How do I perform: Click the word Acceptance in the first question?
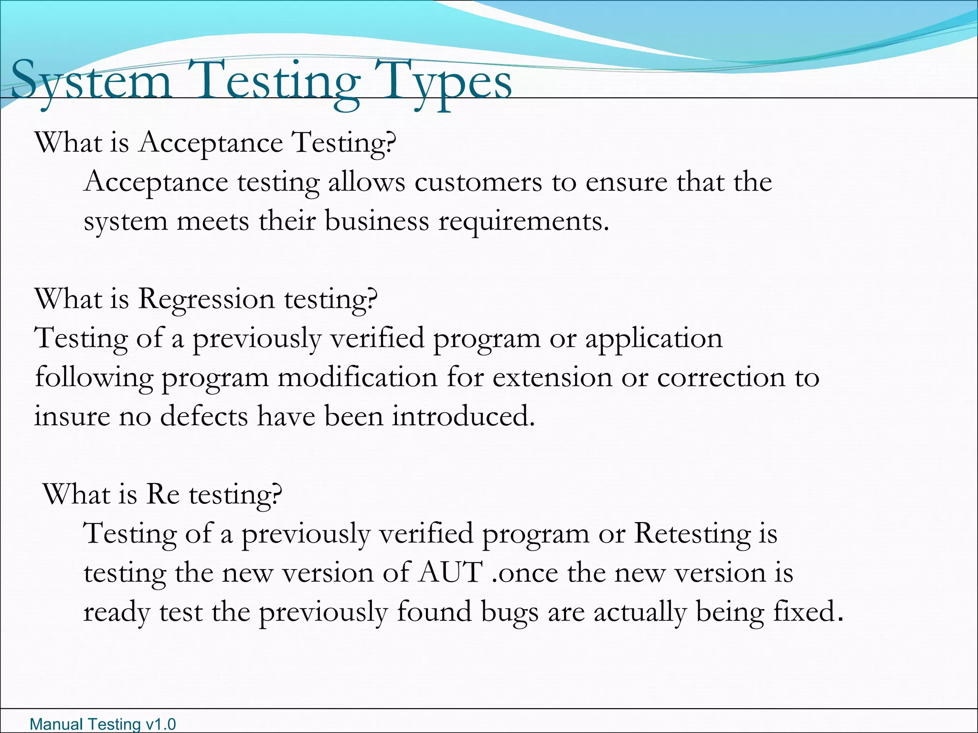pyautogui.click(x=211, y=143)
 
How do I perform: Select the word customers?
pyautogui.click(x=478, y=182)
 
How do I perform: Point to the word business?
pyautogui.click(x=377, y=221)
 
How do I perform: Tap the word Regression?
pyautogui.click(x=206, y=300)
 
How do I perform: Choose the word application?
pyautogui.click(x=654, y=339)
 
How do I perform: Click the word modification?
pyautogui.click(x=357, y=377)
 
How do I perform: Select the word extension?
pyautogui.click(x=552, y=377)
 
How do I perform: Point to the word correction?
pyautogui.click(x=721, y=377)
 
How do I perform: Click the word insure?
pyautogui.click(x=72, y=416)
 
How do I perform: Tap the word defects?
pyautogui.click(x=204, y=416)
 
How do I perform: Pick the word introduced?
pyautogui.click(x=463, y=416)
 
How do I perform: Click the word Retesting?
pyautogui.click(x=692, y=534)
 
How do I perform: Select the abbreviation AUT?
pyautogui.click(x=450, y=573)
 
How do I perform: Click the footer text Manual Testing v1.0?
pyautogui.click(x=103, y=724)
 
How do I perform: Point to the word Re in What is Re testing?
pyautogui.click(x=163, y=494)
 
